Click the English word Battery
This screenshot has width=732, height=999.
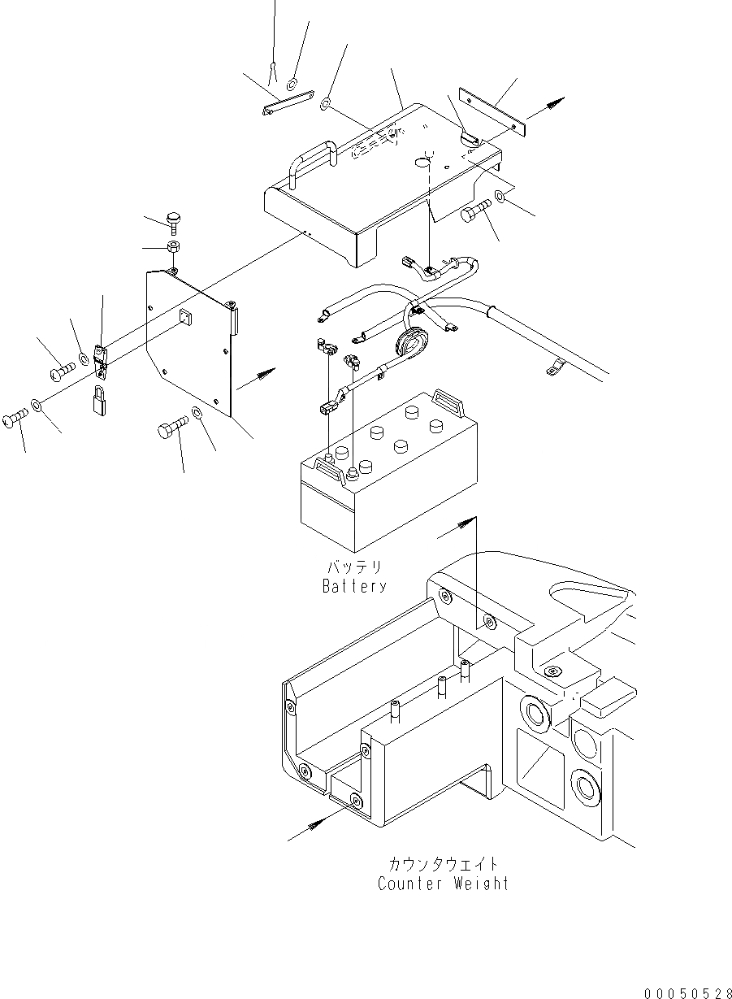(x=353, y=585)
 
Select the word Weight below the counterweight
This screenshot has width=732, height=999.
(x=479, y=884)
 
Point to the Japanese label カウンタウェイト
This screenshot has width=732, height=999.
(x=444, y=864)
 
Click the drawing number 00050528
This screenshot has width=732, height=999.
(x=687, y=992)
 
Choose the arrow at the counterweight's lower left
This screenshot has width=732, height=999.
(x=313, y=826)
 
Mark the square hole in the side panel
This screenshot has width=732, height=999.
(x=184, y=319)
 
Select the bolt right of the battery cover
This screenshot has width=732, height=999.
(x=475, y=214)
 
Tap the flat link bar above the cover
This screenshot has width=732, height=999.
(x=287, y=105)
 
